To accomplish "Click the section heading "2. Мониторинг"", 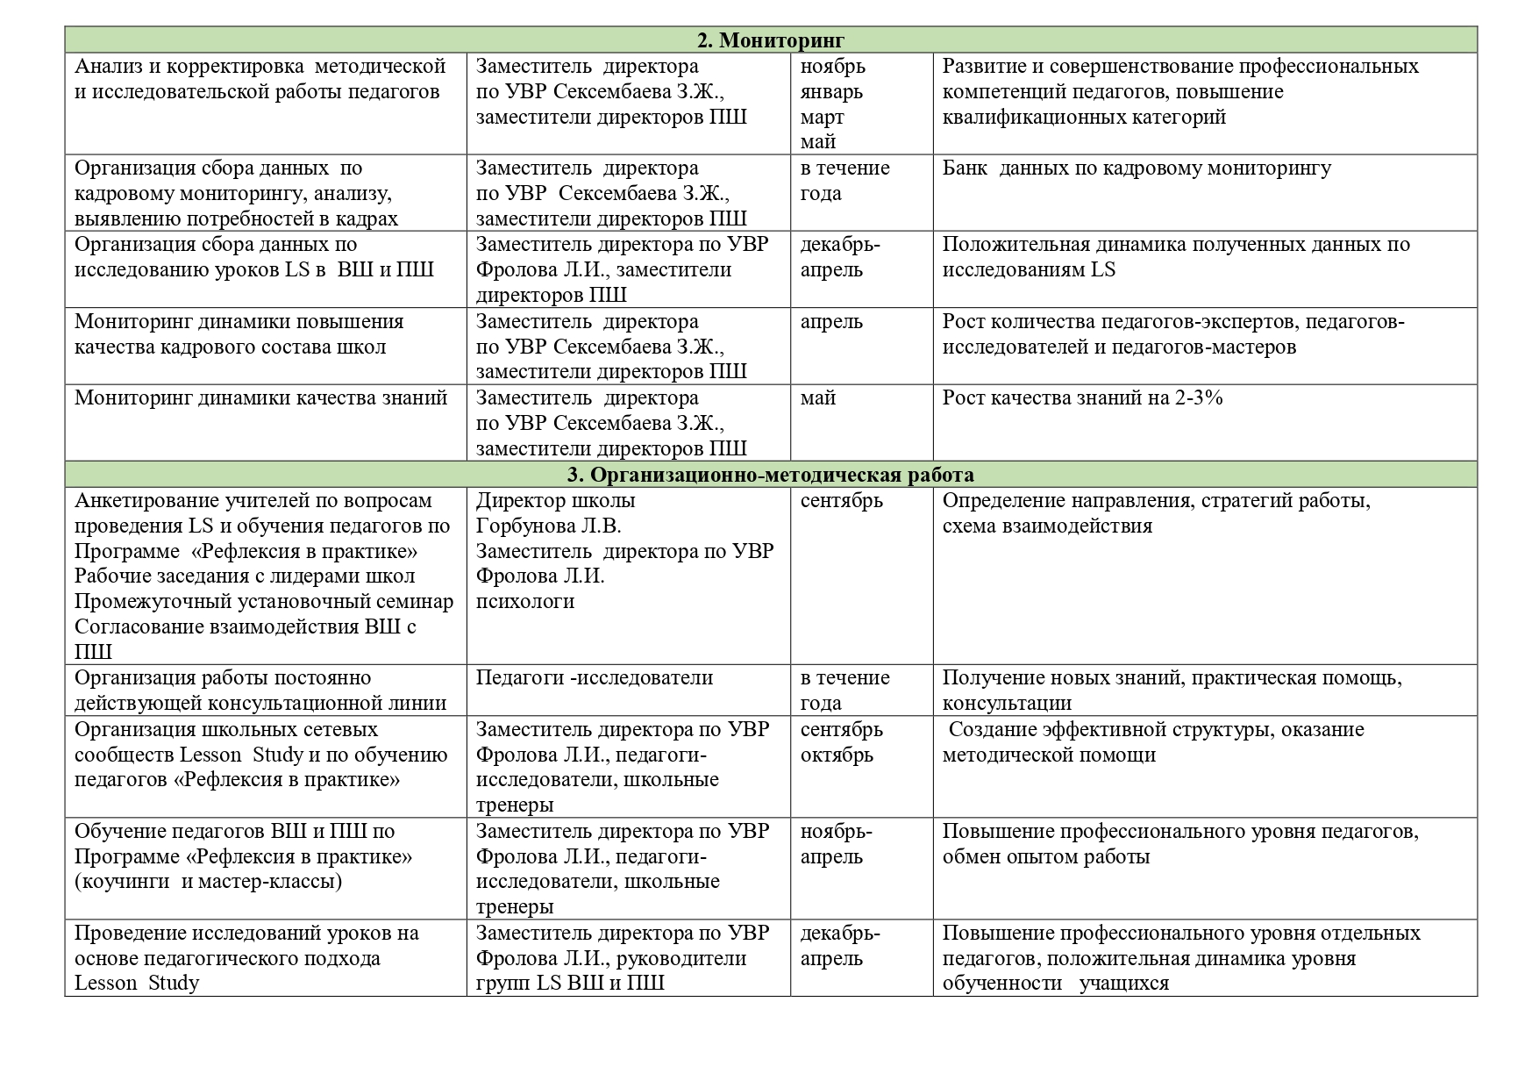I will coord(770,40).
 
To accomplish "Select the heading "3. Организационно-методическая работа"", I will coord(770,476).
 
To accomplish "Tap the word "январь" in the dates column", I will coord(831,92).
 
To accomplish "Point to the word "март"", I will coord(822,118).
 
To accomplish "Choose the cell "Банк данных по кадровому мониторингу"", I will coord(1136,168).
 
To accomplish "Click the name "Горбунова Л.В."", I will coord(548,526).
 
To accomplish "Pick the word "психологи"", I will coord(525,602).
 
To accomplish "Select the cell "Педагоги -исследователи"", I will coord(594,678).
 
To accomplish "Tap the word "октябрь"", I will coord(837,755).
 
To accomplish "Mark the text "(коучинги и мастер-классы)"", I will coord(208,882).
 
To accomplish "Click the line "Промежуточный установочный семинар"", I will coord(264,602).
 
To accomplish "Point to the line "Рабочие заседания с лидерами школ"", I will coord(245,576).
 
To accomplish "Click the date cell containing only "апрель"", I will coord(831,322).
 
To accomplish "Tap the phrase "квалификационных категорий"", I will coord(1084,118).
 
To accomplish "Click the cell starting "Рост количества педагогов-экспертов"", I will coord(1172,334).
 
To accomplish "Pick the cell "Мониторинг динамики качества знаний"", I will coord(260,398).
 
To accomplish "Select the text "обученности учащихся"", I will coord(1056,984).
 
